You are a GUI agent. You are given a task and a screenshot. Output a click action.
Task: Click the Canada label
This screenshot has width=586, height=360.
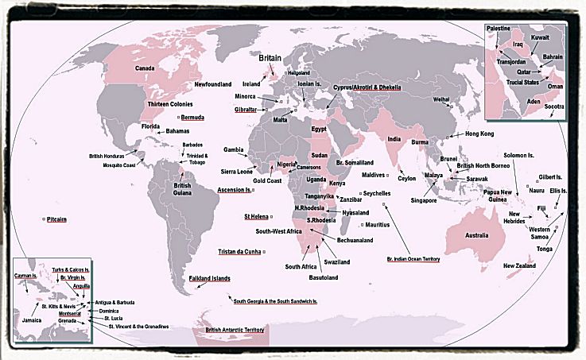coord(144,68)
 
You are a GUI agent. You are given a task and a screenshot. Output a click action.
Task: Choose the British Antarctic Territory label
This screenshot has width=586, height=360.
coord(235,330)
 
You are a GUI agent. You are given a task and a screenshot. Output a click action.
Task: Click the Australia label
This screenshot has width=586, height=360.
coord(476,236)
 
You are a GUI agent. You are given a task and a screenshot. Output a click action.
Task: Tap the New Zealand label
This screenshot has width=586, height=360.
coord(519,265)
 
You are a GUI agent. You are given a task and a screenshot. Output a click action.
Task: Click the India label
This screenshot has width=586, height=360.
coord(393,139)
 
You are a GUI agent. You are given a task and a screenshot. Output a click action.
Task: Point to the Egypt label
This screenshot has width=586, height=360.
coord(318,128)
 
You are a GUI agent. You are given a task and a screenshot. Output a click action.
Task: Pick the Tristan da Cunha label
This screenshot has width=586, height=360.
coord(239,252)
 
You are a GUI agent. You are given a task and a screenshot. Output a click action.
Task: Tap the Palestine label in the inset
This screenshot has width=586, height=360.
coord(498,28)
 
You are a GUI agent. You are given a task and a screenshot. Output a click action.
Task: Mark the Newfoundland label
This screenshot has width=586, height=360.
coord(213,83)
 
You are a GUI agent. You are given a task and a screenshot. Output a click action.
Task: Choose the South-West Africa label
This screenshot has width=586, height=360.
coord(278,230)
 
